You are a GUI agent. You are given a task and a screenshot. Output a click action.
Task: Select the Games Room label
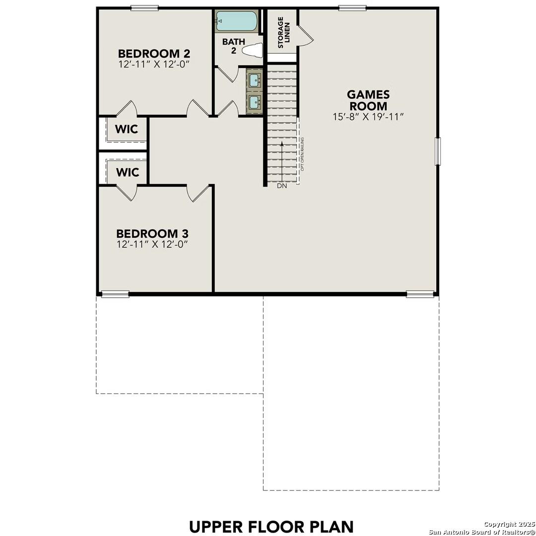(368, 100)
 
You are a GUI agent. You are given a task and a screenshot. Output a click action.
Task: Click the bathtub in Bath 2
(237, 21)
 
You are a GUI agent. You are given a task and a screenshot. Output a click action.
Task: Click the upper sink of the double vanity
(255, 79)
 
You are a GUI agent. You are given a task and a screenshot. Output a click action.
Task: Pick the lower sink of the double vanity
(255, 102)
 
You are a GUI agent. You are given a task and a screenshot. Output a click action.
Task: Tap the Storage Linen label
(283, 32)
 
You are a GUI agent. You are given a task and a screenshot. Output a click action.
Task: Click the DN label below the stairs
(282, 186)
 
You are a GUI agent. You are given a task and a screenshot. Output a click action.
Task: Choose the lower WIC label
(128, 172)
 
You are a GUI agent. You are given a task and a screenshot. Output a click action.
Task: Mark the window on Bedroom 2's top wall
(144, 8)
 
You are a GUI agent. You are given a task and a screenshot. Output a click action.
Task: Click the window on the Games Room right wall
(438, 151)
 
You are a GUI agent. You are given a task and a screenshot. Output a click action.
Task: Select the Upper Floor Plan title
(271, 526)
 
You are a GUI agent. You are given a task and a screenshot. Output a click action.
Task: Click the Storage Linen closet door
(305, 36)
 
